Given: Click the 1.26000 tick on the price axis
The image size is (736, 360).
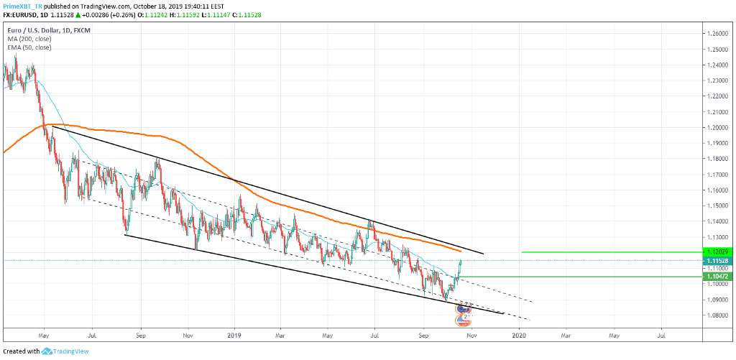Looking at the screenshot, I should pyautogui.click(x=717, y=34).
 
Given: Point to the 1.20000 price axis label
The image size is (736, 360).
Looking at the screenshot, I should pyautogui.click(x=717, y=128).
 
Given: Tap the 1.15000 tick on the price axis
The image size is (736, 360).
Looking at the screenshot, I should pyautogui.click(x=717, y=206).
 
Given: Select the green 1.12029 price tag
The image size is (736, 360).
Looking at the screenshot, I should pyautogui.click(x=717, y=252).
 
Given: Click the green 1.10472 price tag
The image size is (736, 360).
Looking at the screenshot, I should pyautogui.click(x=717, y=277).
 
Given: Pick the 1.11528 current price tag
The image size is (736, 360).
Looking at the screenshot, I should pyautogui.click(x=717, y=260).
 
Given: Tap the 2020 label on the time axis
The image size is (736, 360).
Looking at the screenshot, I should pyautogui.click(x=519, y=335).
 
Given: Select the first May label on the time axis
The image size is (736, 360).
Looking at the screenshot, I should pyautogui.click(x=44, y=335).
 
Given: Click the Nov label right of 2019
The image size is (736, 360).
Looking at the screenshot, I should pyautogui.click(x=471, y=335).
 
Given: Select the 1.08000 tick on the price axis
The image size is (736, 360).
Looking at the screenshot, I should pyautogui.click(x=717, y=315).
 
